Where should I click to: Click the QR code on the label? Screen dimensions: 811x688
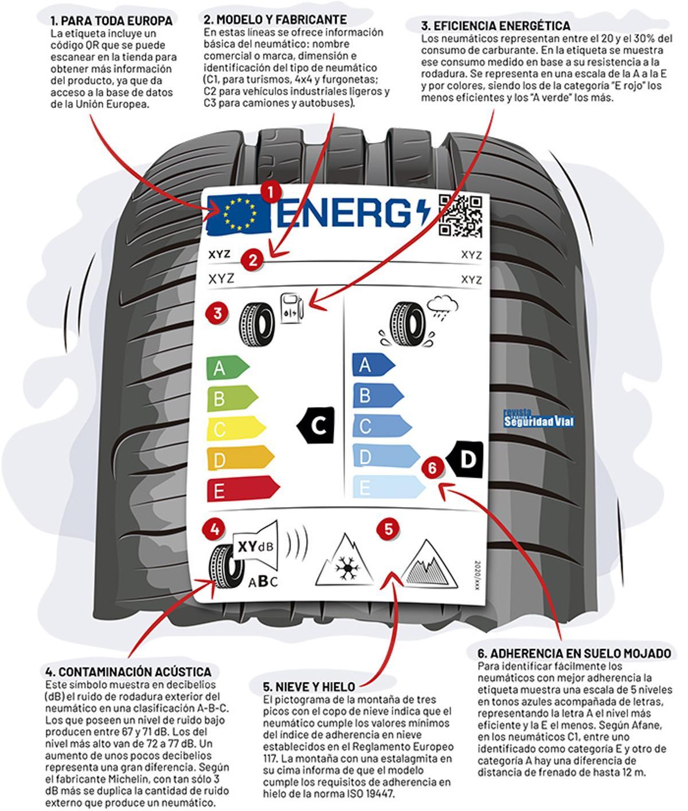point(460,215)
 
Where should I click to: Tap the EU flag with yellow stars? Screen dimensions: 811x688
point(239,214)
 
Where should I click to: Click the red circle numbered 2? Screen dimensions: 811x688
point(252,261)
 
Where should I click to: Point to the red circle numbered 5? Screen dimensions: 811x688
point(389,529)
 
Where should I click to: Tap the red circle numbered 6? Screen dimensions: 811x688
point(432,467)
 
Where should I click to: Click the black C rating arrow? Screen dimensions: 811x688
point(315,425)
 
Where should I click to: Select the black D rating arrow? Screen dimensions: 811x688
point(466,459)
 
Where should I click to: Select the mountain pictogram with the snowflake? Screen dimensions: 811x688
point(344,561)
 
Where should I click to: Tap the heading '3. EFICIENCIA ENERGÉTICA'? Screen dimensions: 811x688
point(495,26)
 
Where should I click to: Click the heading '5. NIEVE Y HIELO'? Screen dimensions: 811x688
point(309,686)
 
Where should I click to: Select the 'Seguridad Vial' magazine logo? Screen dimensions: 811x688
point(538,420)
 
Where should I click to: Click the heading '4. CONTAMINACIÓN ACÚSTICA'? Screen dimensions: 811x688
point(128,671)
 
